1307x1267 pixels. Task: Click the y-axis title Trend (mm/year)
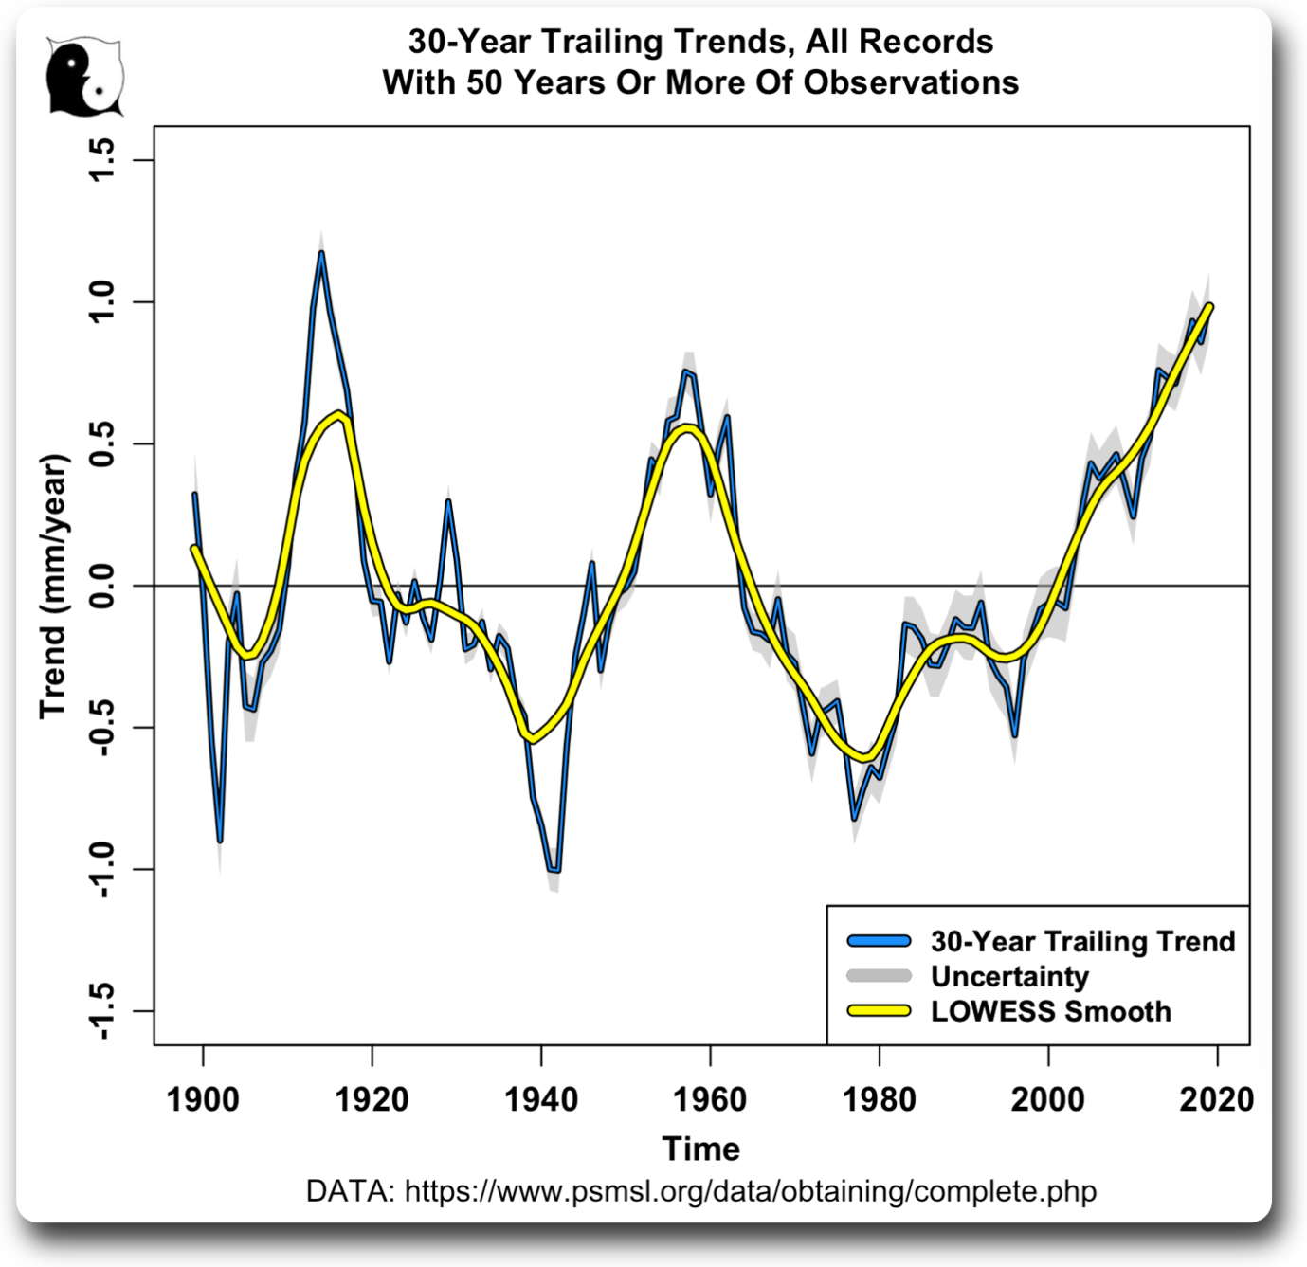coord(54,587)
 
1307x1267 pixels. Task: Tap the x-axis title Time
coord(700,1149)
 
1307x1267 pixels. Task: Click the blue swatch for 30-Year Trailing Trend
coord(879,941)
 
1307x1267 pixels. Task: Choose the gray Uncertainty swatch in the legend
coord(879,976)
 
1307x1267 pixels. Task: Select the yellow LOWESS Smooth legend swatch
coord(879,1011)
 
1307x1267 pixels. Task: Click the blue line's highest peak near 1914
coord(321,252)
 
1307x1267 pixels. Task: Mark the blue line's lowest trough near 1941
coord(554,869)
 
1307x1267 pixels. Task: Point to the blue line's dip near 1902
coord(220,840)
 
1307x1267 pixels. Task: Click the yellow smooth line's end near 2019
coord(1209,306)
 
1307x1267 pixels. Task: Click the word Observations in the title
coord(911,82)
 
